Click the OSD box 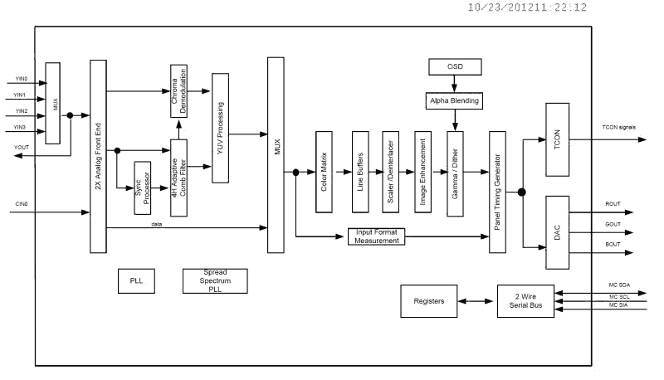pyautogui.click(x=453, y=66)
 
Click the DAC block pyautogui.click(x=556, y=233)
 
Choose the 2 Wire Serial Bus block pyautogui.click(x=525, y=300)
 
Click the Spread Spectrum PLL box pyautogui.click(x=216, y=280)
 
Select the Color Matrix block pyautogui.click(x=325, y=173)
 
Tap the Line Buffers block pyautogui.click(x=360, y=173)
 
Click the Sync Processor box pyautogui.click(x=142, y=188)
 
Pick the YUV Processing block pyautogui.click(x=220, y=127)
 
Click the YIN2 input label pyautogui.click(x=21, y=111)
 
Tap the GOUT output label pyautogui.click(x=612, y=224)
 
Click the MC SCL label pyautogui.click(x=620, y=298)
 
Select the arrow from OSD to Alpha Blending pyautogui.click(x=453, y=84)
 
